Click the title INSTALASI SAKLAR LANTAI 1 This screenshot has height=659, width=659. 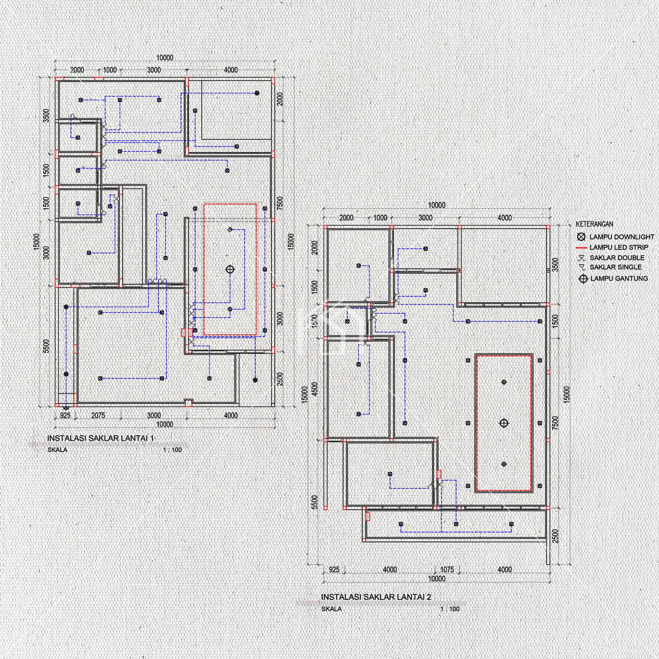[x=100, y=438]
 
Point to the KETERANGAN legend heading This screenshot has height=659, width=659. [x=594, y=224]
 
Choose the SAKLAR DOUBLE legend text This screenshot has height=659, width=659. [x=617, y=258]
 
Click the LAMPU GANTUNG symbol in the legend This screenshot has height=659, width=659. [x=583, y=279]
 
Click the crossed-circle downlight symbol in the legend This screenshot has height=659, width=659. [x=582, y=237]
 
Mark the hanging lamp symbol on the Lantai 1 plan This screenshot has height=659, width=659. [x=230, y=270]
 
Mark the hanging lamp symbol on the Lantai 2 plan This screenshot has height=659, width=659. [x=504, y=423]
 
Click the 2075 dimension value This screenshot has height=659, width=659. [x=98, y=415]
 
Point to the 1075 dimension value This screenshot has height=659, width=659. [x=447, y=569]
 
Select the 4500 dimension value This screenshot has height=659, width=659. [x=314, y=389]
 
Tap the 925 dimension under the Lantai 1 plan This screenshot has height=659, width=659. [x=65, y=415]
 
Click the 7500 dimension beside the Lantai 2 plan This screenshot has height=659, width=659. [x=556, y=423]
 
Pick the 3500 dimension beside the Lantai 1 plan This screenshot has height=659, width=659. [x=46, y=115]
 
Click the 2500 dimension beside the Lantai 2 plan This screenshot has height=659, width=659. [x=556, y=536]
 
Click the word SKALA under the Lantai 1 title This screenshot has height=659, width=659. [x=58, y=450]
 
